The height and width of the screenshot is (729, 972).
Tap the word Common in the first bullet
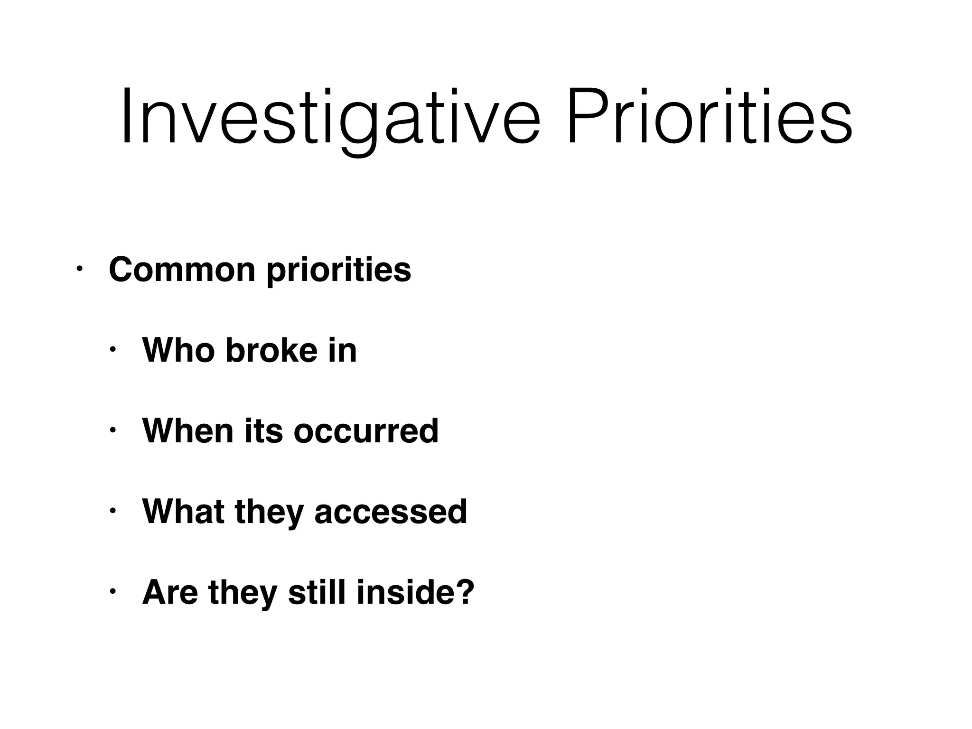pos(182,270)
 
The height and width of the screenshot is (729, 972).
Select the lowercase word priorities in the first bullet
pos(338,271)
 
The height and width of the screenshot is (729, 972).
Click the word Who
pos(178,350)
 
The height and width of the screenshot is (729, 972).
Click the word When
pos(188,431)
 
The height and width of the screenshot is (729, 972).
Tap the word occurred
pos(366,431)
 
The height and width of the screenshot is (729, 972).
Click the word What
pos(183,512)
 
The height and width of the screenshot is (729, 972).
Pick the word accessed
pos(391,512)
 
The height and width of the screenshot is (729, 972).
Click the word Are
pos(170,592)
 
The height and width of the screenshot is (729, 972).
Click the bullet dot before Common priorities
pos(79,270)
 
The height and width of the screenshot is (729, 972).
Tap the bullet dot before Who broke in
pos(112,350)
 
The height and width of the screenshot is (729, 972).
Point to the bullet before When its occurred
pos(112,431)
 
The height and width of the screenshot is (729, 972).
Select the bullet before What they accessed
pos(112,512)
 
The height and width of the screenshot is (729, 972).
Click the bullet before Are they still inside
pos(112,592)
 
